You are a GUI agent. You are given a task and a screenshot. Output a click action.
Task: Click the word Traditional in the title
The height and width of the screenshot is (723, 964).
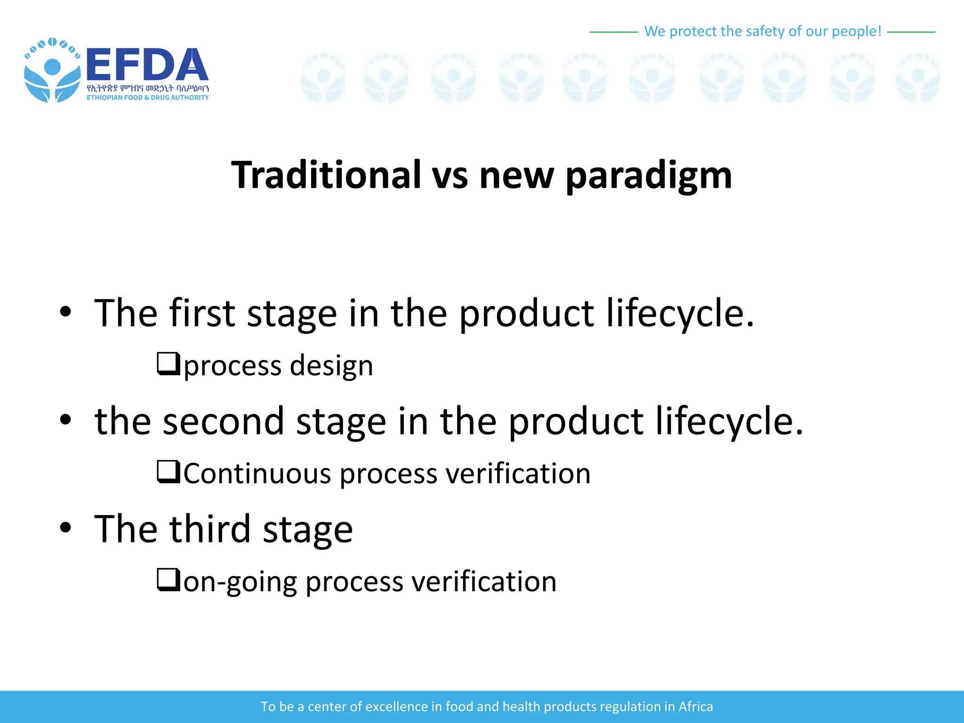point(326,175)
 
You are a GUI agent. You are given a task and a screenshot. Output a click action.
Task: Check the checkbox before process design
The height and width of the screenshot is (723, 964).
point(168,364)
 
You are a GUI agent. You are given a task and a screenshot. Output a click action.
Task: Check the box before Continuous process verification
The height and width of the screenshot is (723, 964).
point(168,472)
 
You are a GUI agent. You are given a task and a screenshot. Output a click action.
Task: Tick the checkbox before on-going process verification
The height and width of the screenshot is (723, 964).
point(168,580)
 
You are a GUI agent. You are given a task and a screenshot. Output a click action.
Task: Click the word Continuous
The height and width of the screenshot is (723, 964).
point(257,474)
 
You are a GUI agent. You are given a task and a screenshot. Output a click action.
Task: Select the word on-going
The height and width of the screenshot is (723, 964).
point(240,582)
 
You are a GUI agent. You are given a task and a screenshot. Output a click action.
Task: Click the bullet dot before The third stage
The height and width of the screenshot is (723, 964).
point(65,528)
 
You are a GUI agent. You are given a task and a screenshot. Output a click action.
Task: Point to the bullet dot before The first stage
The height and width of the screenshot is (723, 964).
point(65,312)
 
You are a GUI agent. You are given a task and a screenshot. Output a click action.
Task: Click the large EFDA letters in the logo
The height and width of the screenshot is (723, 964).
point(147,65)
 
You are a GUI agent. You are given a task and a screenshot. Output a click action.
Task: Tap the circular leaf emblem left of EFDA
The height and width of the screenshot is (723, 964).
point(52,71)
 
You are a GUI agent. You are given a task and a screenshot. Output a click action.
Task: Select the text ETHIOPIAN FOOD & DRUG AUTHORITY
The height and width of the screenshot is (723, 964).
point(147,97)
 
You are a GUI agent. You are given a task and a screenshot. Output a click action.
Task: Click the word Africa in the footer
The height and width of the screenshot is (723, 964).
point(695,707)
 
